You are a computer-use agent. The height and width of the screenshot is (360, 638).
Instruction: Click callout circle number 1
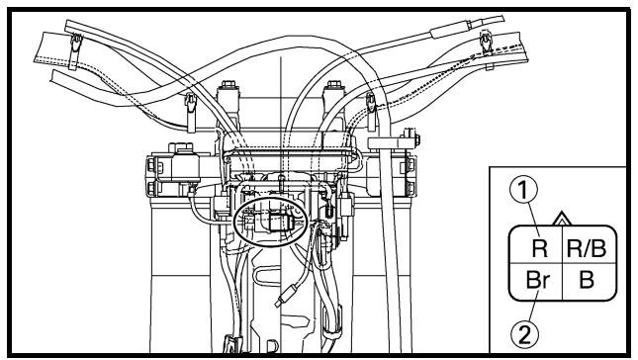click(x=523, y=189)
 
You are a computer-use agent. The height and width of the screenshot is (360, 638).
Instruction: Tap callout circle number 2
click(x=524, y=335)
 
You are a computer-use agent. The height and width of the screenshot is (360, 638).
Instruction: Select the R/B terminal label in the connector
click(x=587, y=248)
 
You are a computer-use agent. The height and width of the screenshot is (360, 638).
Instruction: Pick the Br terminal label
click(x=538, y=280)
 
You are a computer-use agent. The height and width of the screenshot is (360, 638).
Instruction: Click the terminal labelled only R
click(x=540, y=248)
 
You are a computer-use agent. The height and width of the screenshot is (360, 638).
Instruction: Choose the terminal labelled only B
click(x=587, y=280)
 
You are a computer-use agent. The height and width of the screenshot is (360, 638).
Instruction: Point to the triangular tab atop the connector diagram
click(x=562, y=219)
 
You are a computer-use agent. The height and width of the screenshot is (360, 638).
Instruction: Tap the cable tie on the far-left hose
click(x=75, y=50)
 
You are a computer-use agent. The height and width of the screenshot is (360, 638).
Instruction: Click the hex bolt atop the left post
click(x=228, y=85)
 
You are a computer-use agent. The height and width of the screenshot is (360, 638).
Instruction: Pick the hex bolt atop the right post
click(x=333, y=85)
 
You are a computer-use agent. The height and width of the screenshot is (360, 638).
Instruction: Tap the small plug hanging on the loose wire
click(x=287, y=295)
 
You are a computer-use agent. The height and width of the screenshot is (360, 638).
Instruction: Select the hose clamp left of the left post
click(x=191, y=112)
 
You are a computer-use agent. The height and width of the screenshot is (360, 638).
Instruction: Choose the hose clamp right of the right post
click(x=371, y=111)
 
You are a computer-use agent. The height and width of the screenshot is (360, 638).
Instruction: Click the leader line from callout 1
click(x=533, y=220)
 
